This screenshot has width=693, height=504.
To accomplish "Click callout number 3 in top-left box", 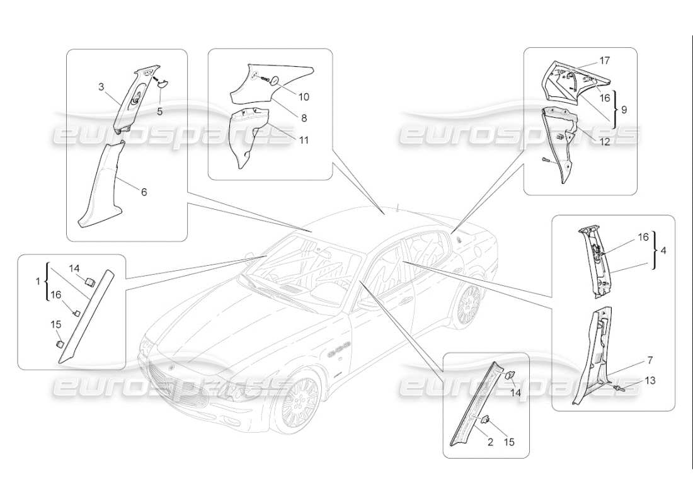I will [x=100, y=88].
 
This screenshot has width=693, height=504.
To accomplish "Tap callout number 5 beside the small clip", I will [x=160, y=112].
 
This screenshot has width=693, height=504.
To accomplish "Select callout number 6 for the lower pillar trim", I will [x=144, y=192].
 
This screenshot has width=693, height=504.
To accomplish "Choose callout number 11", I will [x=304, y=140].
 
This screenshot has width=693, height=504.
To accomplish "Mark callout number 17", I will [x=604, y=60].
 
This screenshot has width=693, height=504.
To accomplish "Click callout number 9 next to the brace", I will [x=624, y=109].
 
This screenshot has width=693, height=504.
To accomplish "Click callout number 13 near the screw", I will [x=650, y=381].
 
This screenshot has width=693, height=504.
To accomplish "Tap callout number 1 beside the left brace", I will [x=38, y=282].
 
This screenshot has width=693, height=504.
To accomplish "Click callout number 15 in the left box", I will [x=55, y=324].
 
